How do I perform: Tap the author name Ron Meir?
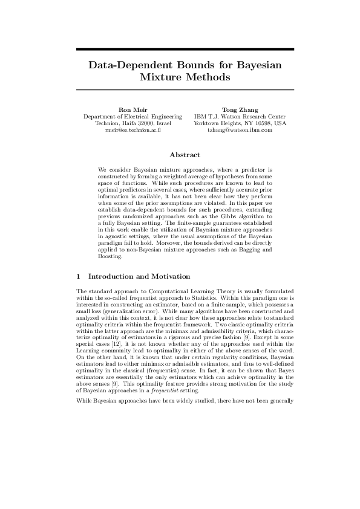(x=133, y=109)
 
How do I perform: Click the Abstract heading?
(x=180, y=155)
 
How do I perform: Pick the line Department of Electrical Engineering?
(x=133, y=116)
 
